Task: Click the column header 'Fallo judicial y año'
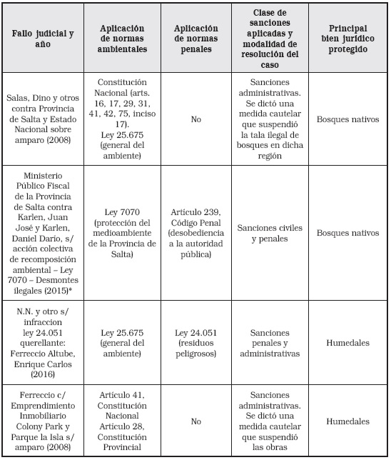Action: [44, 38]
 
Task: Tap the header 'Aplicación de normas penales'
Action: [196, 38]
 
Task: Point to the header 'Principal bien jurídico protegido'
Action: [347, 38]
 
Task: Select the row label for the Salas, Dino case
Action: [44, 120]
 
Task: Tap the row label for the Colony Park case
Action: [44, 422]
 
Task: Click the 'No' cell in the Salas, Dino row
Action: [196, 120]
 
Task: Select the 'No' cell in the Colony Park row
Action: [196, 422]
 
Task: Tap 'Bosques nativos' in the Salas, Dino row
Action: [347, 120]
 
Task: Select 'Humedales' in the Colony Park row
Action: [347, 422]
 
